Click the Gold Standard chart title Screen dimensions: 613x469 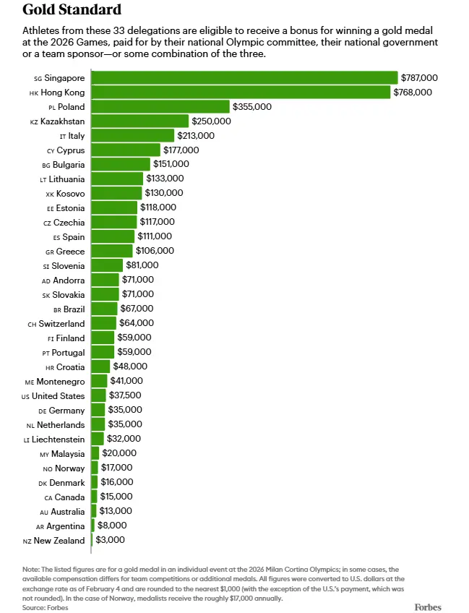72,10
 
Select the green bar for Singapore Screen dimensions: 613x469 244,77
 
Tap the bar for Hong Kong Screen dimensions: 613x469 241,92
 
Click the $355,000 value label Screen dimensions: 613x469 252,106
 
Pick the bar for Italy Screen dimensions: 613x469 133,135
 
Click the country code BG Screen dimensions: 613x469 46,165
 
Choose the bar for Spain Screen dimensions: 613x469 113,236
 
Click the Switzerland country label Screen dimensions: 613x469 61,323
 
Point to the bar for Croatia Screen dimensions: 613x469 100,366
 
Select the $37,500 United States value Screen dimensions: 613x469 126,395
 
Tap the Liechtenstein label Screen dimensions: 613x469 58,439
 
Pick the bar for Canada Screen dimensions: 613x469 94,497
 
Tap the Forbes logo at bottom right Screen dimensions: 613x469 427,606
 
